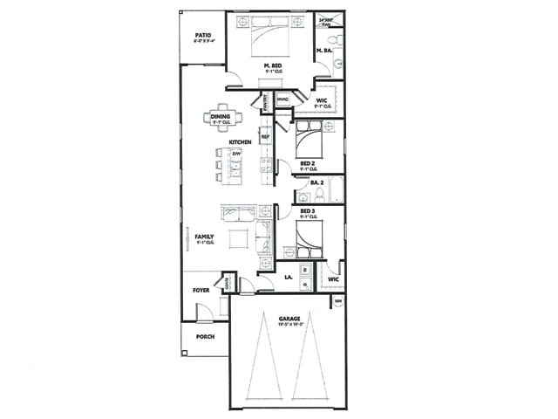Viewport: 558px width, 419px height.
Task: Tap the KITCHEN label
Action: coord(241,141)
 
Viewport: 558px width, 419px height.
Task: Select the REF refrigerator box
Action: coord(265,137)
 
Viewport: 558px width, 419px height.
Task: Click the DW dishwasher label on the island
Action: coord(235,154)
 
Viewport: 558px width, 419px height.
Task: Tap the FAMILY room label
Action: coord(204,237)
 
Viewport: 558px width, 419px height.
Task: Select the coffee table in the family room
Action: coord(237,237)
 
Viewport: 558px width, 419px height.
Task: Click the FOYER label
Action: coord(201,284)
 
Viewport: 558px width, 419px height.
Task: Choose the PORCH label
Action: coord(205,336)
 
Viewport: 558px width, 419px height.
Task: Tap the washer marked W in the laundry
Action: coord(305,271)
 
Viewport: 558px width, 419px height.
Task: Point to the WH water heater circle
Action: coord(338,302)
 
